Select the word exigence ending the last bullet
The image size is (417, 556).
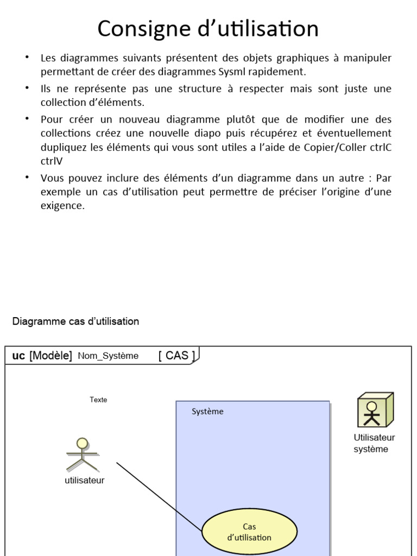click(62, 206)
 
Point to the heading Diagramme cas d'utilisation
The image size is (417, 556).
click(75, 321)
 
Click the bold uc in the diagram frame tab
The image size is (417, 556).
click(18, 356)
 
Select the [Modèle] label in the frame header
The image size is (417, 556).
click(50, 356)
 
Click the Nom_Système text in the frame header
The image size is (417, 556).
click(108, 356)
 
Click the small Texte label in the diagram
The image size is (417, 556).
click(98, 400)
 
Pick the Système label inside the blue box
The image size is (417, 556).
click(207, 412)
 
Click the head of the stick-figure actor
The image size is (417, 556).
click(83, 442)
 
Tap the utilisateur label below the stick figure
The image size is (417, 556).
click(84, 480)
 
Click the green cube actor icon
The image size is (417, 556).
click(374, 410)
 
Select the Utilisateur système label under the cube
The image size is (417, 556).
click(374, 443)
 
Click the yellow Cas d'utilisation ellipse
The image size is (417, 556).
click(249, 532)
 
